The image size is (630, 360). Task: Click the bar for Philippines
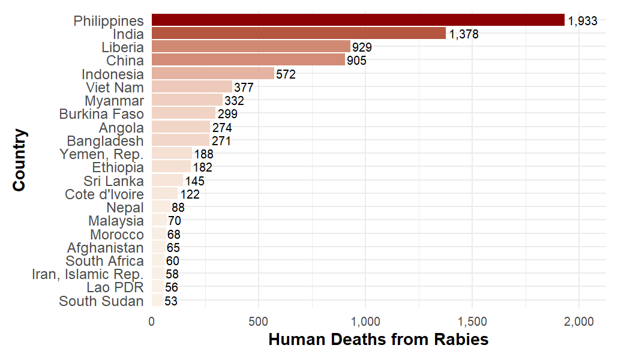click(358, 20)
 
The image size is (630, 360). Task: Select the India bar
click(298, 34)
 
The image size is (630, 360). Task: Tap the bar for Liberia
click(251, 47)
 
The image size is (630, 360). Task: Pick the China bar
click(248, 60)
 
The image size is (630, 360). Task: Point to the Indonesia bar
click(213, 74)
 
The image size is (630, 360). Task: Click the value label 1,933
click(583, 21)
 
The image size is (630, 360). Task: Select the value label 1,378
click(464, 34)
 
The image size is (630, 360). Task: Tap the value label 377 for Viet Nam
click(244, 88)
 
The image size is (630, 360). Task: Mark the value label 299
click(227, 114)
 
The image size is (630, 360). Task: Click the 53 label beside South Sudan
click(170, 301)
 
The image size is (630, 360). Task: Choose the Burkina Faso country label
click(101, 114)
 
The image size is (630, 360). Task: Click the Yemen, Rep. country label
click(101, 154)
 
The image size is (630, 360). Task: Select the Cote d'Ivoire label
click(104, 194)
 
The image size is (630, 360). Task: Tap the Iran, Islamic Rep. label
click(88, 274)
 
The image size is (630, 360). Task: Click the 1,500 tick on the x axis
click(472, 322)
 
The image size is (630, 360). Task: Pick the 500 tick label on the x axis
click(259, 322)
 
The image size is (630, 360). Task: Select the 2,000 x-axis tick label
click(579, 322)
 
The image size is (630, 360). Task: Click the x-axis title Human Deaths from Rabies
click(379, 340)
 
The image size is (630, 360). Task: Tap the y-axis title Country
click(19, 160)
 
